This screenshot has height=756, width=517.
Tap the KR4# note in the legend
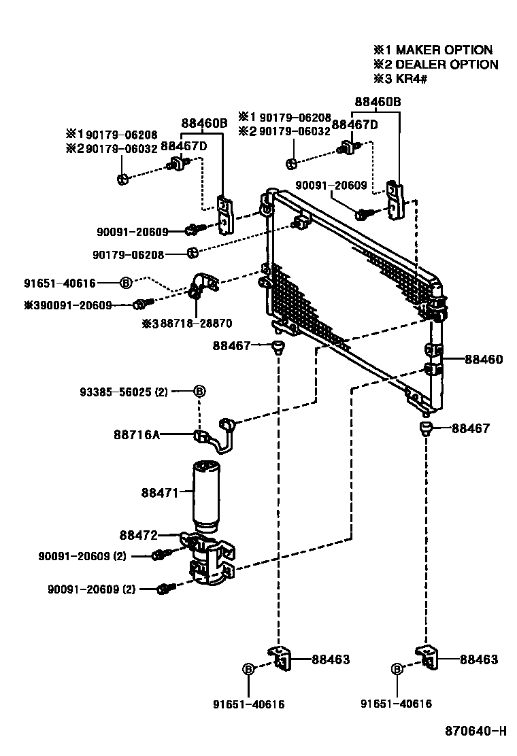click(x=412, y=78)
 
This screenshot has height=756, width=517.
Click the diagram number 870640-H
click(x=476, y=732)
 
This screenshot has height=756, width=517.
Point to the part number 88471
click(x=160, y=492)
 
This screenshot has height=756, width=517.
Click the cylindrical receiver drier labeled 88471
click(x=206, y=496)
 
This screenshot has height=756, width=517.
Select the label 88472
click(x=138, y=534)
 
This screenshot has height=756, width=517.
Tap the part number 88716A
click(x=137, y=435)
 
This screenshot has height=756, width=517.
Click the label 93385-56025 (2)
click(x=124, y=392)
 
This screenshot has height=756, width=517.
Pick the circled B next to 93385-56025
click(x=200, y=391)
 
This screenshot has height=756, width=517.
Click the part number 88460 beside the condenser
click(x=484, y=359)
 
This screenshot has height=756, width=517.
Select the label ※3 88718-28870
click(x=186, y=323)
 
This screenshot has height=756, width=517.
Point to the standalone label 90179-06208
click(x=129, y=254)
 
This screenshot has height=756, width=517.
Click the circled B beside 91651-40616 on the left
click(x=125, y=283)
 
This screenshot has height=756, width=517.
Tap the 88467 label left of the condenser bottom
click(x=231, y=345)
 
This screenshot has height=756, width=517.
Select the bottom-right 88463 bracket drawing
click(x=427, y=657)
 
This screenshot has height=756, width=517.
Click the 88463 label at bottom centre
click(x=331, y=659)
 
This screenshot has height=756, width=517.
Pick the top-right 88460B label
click(x=378, y=102)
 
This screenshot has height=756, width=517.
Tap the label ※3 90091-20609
click(x=68, y=305)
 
